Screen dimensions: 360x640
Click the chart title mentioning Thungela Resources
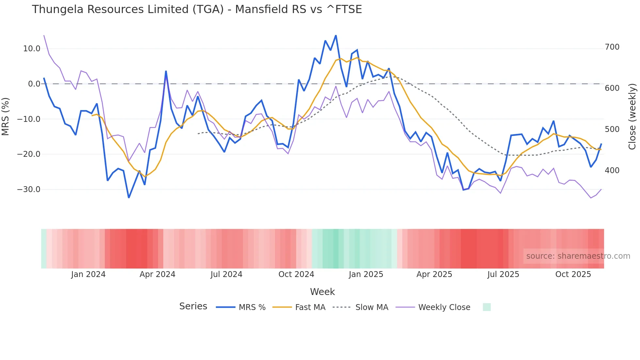coord(197,9)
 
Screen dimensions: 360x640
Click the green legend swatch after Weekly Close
coord(487,307)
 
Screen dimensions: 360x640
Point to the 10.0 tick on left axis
coord(32,49)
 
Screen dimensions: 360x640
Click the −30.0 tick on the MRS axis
coord(29,189)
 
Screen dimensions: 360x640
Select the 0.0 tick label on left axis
coord(34,84)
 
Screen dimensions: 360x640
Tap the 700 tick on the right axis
coord(612,47)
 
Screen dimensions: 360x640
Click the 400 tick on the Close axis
coord(612,171)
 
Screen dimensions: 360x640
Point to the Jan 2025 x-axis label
coord(366,274)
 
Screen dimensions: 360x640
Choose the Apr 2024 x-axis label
coord(157,274)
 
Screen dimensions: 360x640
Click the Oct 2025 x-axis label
coord(573,274)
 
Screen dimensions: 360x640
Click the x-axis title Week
coord(322,292)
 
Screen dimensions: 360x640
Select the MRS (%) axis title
coord(6,116)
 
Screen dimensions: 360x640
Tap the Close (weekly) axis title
coord(632,116)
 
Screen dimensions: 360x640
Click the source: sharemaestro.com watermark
coord(578,256)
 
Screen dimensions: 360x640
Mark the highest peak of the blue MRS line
coord(336,36)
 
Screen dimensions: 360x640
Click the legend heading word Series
coord(193,306)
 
